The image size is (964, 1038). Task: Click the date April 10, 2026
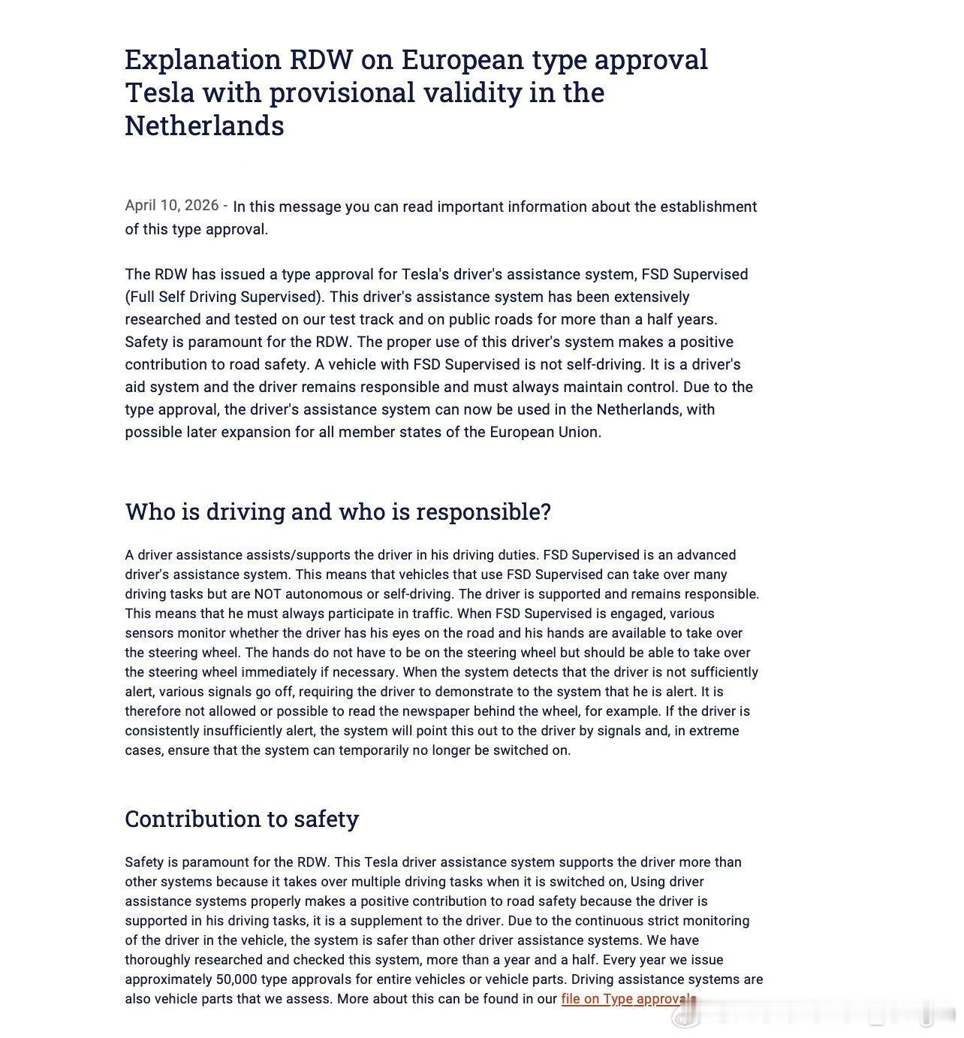(x=172, y=206)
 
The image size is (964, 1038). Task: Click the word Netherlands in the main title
(x=204, y=125)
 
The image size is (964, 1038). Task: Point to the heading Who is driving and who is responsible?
(x=338, y=511)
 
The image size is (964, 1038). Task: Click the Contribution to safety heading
(x=242, y=818)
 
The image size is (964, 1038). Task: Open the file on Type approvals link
(x=628, y=999)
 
